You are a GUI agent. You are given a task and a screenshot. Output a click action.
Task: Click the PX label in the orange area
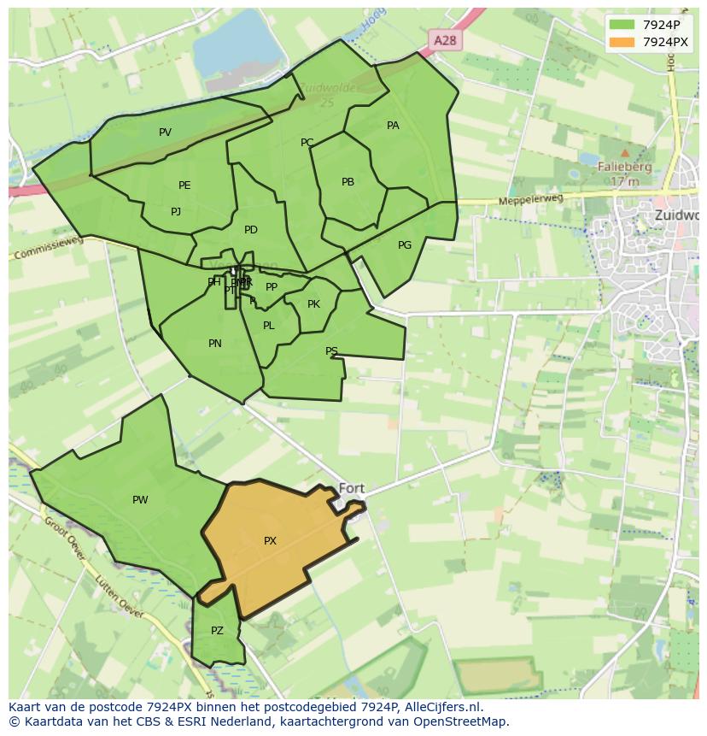pyautogui.click(x=270, y=541)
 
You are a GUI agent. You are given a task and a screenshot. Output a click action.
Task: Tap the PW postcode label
pyautogui.click(x=140, y=500)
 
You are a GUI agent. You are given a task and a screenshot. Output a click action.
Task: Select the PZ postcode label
pyautogui.click(x=217, y=631)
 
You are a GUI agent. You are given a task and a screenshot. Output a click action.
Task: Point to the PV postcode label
pyautogui.click(x=165, y=132)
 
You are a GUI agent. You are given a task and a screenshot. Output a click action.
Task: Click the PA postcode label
pyautogui.click(x=393, y=126)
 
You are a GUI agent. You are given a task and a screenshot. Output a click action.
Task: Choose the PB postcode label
pyautogui.click(x=348, y=182)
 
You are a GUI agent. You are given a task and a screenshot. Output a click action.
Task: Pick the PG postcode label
pyautogui.click(x=405, y=245)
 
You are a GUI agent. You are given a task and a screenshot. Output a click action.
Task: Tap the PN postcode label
pyautogui.click(x=215, y=344)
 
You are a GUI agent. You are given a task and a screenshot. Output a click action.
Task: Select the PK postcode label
pyautogui.click(x=313, y=304)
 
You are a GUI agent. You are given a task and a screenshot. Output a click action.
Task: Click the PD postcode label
pyautogui.click(x=250, y=230)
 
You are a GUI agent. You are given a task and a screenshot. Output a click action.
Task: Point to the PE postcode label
pyautogui.click(x=184, y=185)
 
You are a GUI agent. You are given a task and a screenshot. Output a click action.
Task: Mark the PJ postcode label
pyautogui.click(x=176, y=212)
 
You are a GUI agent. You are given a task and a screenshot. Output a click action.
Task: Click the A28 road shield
pyautogui.click(x=444, y=40)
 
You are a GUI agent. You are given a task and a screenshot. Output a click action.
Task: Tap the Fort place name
pyautogui.click(x=352, y=489)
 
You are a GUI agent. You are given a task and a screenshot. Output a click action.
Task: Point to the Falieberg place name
pyautogui.click(x=625, y=168)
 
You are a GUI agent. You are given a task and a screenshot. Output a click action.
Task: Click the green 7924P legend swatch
pyautogui.click(x=622, y=24)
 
